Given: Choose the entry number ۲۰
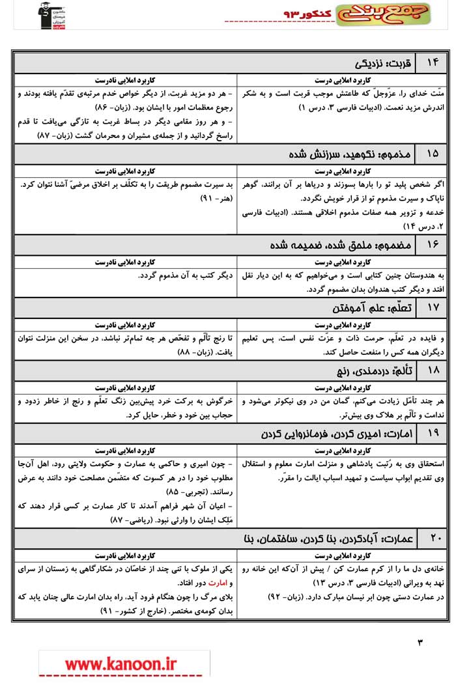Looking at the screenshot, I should pyautogui.click(x=433, y=538).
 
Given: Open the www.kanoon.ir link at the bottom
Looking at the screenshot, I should pyautogui.click(x=121, y=664).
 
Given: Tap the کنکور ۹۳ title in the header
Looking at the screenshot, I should pyautogui.click(x=306, y=14).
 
